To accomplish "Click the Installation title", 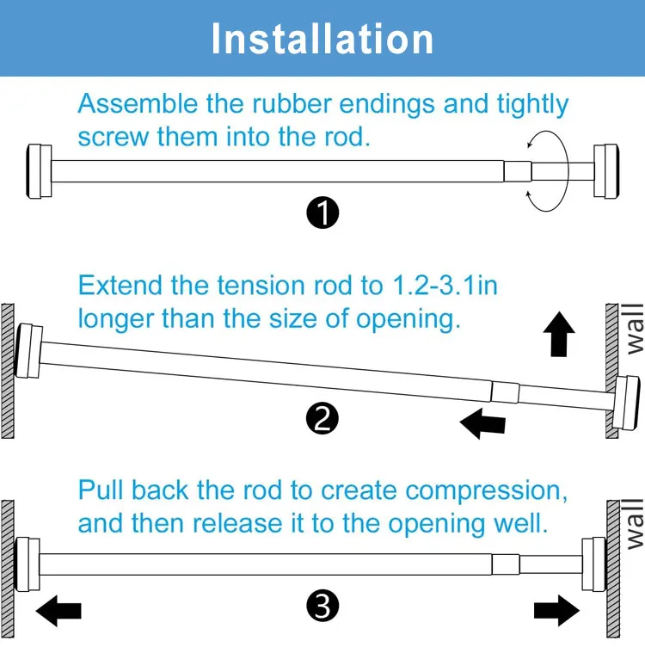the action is tap(322, 39).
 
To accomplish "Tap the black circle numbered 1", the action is tap(322, 213).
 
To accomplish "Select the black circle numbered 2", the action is tap(322, 418).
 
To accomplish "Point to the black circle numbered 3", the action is tap(322, 607).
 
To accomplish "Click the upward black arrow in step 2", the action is tap(559, 334).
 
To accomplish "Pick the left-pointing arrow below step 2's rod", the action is tap(482, 424).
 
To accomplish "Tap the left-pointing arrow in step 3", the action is tap(58, 611).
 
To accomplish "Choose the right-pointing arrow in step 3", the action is tap(556, 611).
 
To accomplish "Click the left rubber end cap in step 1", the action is tap(40, 171).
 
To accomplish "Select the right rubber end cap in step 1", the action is tap(605, 171).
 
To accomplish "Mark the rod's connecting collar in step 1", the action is tap(518, 171).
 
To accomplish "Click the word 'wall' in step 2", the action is tap(635, 329).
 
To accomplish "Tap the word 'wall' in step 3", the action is tap(635, 524).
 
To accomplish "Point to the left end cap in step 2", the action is tap(28, 351).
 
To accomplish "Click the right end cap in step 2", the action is tap(626, 403).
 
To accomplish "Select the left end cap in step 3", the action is tap(28, 564).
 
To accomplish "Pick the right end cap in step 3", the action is tap(594, 564).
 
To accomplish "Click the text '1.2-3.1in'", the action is tap(445, 285).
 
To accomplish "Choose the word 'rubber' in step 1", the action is tap(292, 103).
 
